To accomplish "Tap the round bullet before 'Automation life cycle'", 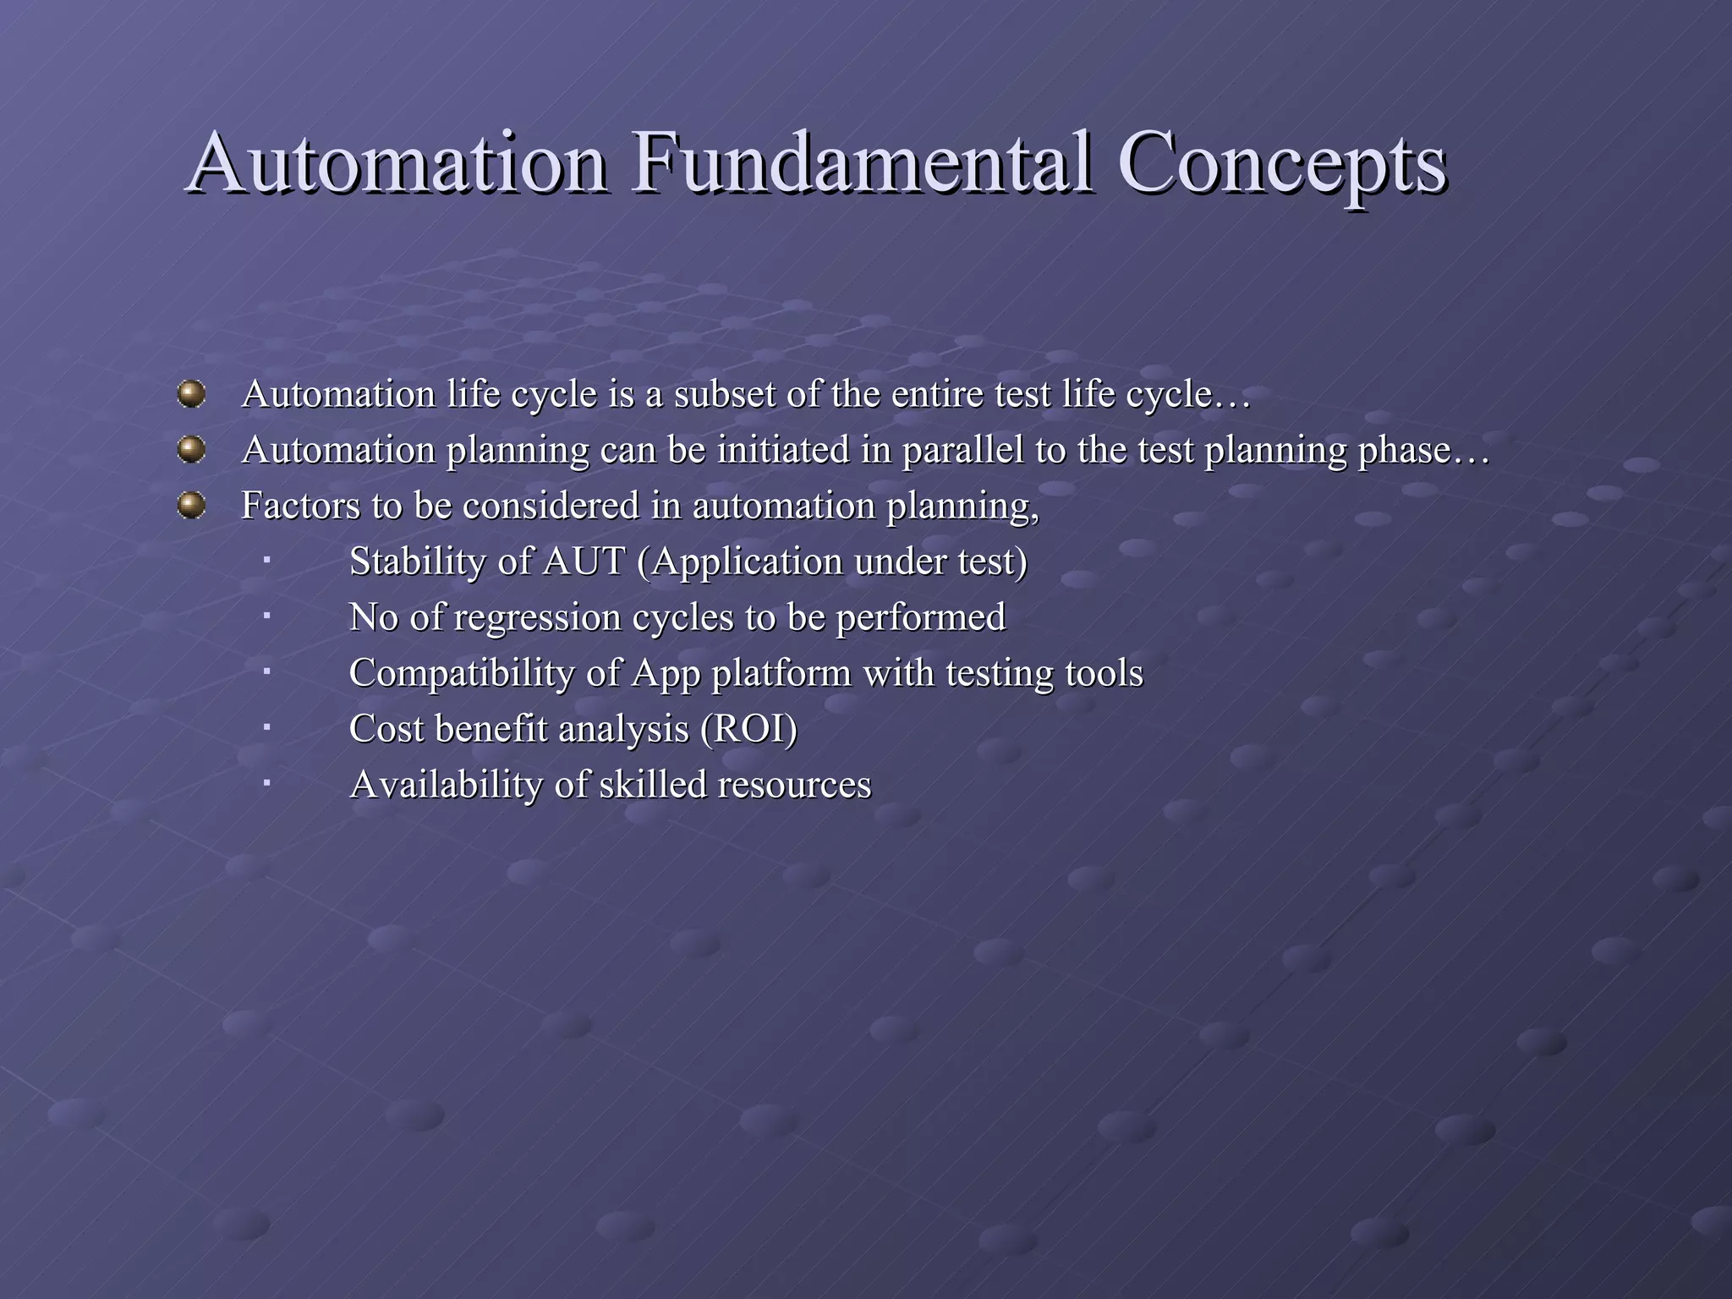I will (x=192, y=394).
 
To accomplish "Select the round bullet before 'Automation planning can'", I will (x=192, y=450).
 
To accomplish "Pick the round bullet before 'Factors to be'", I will (x=192, y=506).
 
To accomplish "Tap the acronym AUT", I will (x=584, y=562).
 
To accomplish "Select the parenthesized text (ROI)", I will (x=748, y=730).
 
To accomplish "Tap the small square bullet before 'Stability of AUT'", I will (x=266, y=558).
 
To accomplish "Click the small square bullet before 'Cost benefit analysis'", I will (x=266, y=726).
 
